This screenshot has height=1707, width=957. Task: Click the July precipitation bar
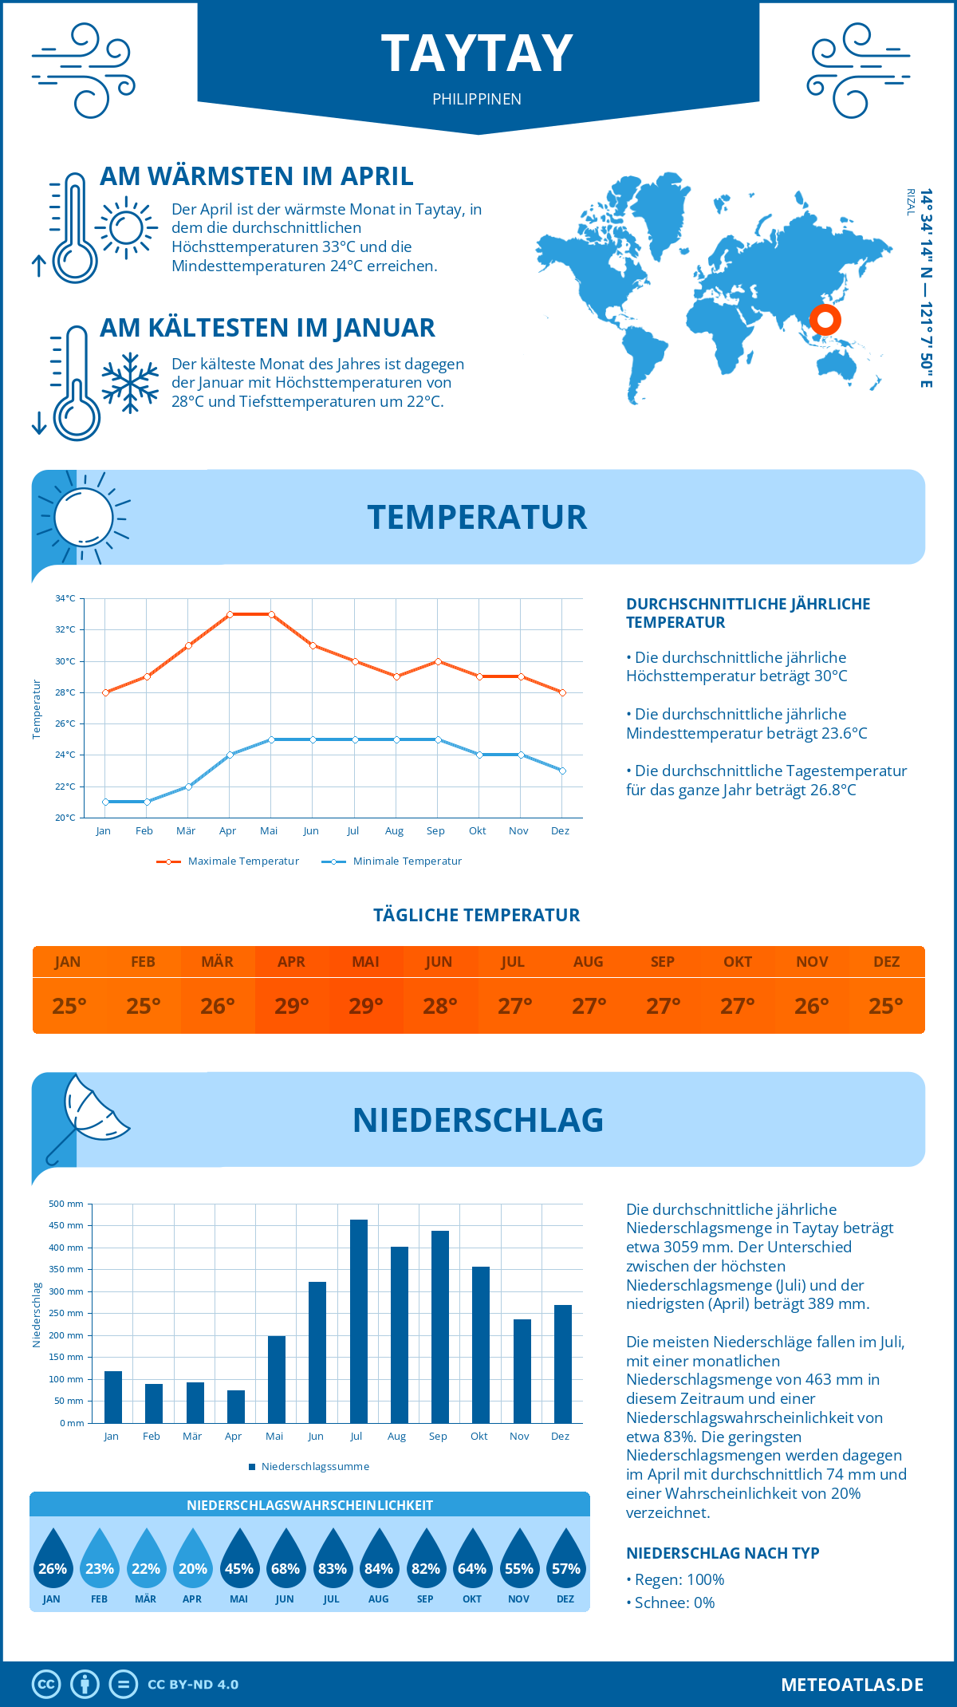pyautogui.click(x=359, y=1321)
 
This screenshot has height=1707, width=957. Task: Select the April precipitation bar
pyautogui.click(x=236, y=1406)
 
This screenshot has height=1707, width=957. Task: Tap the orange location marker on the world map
pyautogui.click(x=825, y=320)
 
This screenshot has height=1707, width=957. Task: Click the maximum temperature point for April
pyautogui.click(x=230, y=614)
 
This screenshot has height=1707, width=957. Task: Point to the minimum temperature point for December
pyautogui.click(x=562, y=771)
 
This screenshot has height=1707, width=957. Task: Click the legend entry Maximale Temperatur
pyautogui.click(x=228, y=861)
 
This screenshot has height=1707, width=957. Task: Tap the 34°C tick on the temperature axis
pyautogui.click(x=65, y=598)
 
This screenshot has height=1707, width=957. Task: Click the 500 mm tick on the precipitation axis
pyautogui.click(x=66, y=1204)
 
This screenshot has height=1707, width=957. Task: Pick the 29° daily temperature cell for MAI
pyautogui.click(x=366, y=1006)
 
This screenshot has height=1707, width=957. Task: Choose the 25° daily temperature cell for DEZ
pyautogui.click(x=886, y=1006)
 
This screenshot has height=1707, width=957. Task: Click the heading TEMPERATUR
pyautogui.click(x=477, y=517)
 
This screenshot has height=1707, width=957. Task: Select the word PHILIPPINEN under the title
pyautogui.click(x=477, y=99)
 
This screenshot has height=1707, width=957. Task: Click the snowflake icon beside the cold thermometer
pyautogui.click(x=130, y=383)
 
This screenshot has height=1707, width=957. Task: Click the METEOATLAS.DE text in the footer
pyautogui.click(x=852, y=1685)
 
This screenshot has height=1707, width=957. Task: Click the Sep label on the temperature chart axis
pyautogui.click(x=435, y=831)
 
